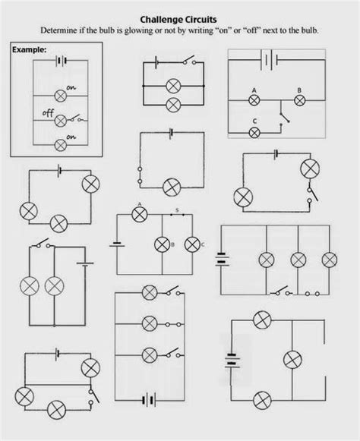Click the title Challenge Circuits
click(x=178, y=20)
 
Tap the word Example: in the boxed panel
click(x=29, y=50)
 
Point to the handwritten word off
click(x=48, y=113)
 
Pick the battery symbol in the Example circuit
click(x=61, y=61)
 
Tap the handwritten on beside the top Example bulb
click(x=71, y=88)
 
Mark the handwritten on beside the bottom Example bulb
click(x=71, y=137)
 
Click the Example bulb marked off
click(x=61, y=121)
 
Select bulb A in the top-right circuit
click(x=254, y=100)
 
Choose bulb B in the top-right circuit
click(x=299, y=100)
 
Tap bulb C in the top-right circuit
click(x=254, y=133)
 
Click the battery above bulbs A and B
click(x=269, y=60)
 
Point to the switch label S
click(x=177, y=209)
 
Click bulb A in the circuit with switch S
click(x=140, y=215)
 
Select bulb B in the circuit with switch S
click(x=162, y=244)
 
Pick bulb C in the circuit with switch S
click(x=192, y=244)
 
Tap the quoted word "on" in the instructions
click(x=223, y=30)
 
